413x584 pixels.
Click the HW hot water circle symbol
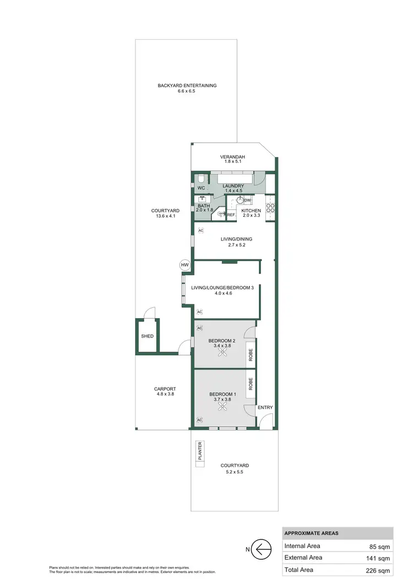pos(184,265)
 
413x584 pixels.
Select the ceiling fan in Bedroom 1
pos(222,407)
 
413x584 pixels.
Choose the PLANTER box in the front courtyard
pos(200,451)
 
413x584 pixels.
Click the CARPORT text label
pos(165,389)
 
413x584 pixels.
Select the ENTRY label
pos(265,407)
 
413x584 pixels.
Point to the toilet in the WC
pos(201,179)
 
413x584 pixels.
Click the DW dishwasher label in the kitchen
pos(248,200)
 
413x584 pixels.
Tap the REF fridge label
pos(231,215)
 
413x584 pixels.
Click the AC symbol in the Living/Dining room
pos(200,230)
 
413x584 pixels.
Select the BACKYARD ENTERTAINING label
pos(187,85)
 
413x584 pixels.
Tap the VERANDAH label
pos(233,157)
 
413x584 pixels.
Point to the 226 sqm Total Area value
pos(379,570)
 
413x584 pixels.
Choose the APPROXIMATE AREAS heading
pos(311,533)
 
